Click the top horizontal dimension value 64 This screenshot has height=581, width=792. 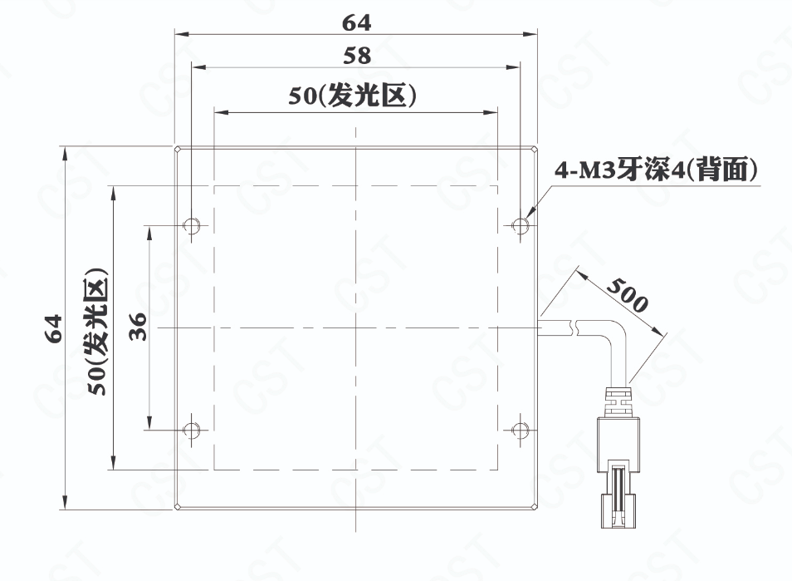pos(356,22)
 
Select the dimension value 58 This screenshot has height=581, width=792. pos(357,56)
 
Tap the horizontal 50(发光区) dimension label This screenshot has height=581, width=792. pos(353,95)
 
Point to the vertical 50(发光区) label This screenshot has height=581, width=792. pos(96,331)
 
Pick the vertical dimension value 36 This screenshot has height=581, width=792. pos(137,327)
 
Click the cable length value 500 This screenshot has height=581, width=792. pos(627,295)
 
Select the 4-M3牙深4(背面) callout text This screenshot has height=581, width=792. pos(657,170)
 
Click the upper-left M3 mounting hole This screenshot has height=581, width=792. pos(191,224)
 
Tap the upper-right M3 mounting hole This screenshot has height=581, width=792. pos(520,224)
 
